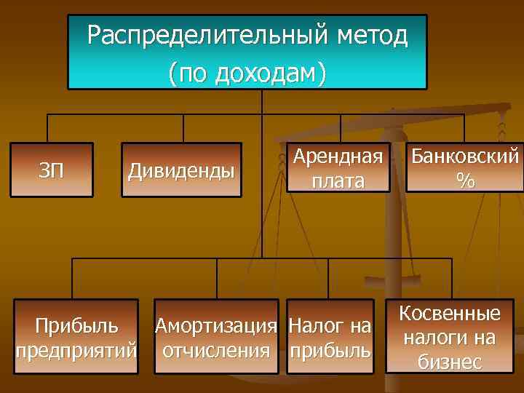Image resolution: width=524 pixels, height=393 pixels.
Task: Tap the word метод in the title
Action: pyautogui.click(x=371, y=34)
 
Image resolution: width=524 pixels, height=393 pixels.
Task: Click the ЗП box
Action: pyautogui.click(x=52, y=171)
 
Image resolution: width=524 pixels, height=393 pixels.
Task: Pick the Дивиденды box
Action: pyautogui.click(x=181, y=171)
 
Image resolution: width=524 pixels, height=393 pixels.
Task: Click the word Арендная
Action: pyautogui.click(x=338, y=156)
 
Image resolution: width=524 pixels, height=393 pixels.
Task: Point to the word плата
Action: pyautogui.click(x=338, y=180)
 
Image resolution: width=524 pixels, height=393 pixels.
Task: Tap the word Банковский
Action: pyautogui.click(x=465, y=156)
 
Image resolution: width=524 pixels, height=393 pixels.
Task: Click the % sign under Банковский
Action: pyautogui.click(x=465, y=180)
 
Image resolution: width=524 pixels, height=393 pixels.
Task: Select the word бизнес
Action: pyautogui.click(x=450, y=362)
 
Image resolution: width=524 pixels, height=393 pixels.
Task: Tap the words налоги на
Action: pyautogui.click(x=450, y=338)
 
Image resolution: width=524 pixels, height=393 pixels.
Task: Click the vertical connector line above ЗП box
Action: pyautogui.click(x=48, y=127)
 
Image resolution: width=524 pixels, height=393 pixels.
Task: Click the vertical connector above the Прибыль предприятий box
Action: pyautogui.click(x=72, y=278)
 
